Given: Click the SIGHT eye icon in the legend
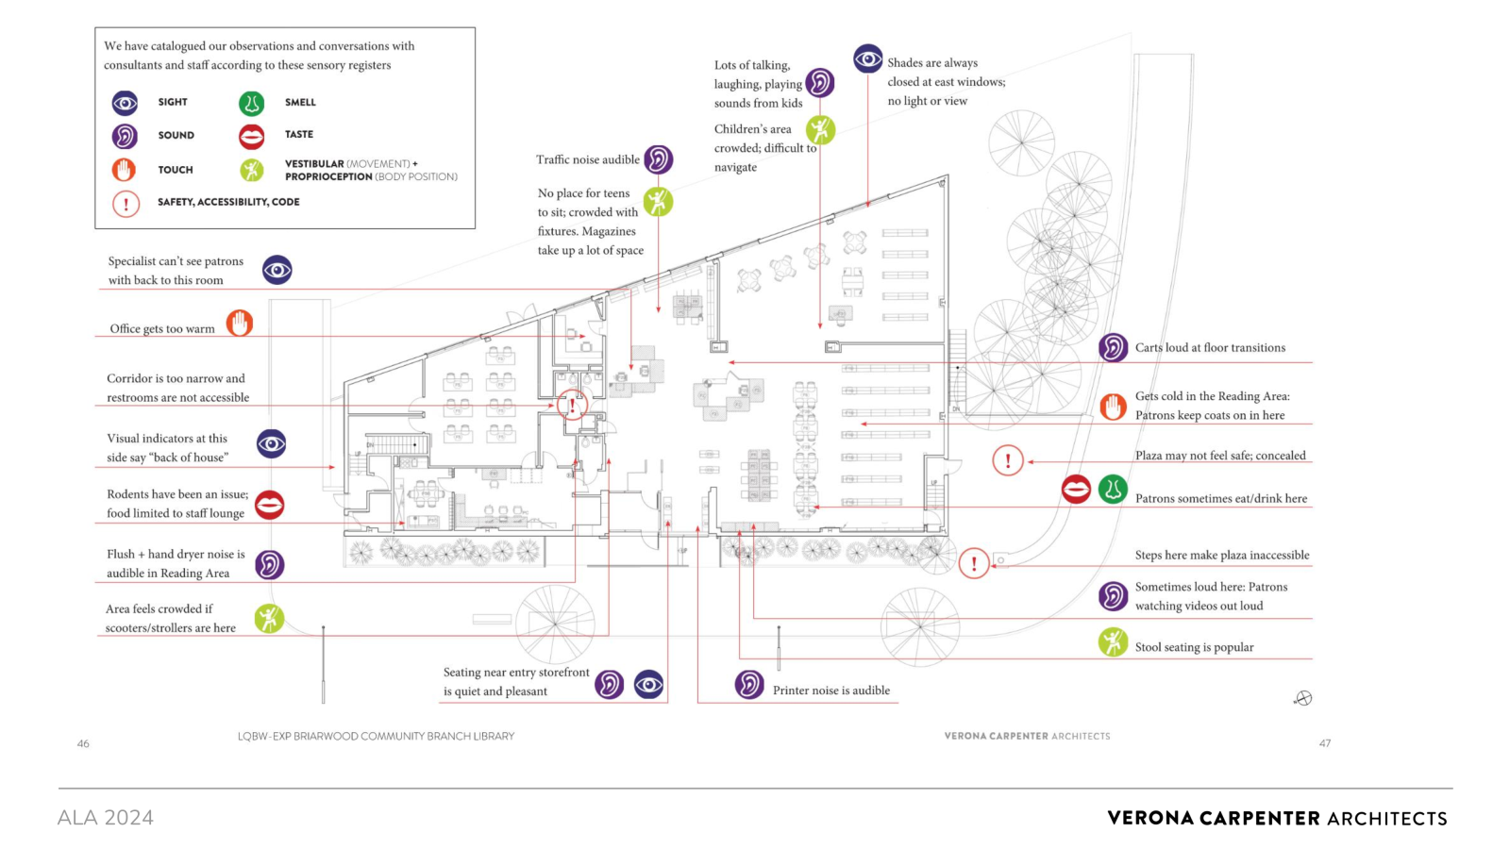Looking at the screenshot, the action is (x=125, y=103).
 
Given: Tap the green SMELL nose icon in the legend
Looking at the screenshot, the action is (x=251, y=103).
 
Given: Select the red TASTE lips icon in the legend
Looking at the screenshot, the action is (x=251, y=136).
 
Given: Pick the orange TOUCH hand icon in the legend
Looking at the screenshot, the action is (x=124, y=169).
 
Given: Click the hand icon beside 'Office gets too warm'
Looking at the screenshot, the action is (x=240, y=324).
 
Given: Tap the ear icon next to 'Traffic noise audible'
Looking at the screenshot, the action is (x=658, y=159).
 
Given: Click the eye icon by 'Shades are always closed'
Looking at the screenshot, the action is (x=867, y=59).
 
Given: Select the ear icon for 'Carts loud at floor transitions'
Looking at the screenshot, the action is (x=1113, y=348).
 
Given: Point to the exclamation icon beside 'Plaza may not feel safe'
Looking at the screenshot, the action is (x=1008, y=461).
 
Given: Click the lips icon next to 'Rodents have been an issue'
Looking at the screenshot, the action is (x=270, y=505).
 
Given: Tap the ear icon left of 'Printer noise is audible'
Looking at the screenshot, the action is (x=749, y=685).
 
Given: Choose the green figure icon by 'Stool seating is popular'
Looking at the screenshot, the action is (x=1113, y=642).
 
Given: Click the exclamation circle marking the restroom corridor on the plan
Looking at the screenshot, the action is (x=572, y=405).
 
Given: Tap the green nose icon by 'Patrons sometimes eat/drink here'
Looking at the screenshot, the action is (x=1113, y=490).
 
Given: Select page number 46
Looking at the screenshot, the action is (x=83, y=744).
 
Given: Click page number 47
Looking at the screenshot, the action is (x=1325, y=743).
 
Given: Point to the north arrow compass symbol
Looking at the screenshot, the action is (x=1303, y=698).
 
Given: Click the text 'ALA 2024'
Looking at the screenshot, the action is (x=105, y=818).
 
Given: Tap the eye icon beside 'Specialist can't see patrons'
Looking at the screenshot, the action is (x=277, y=270).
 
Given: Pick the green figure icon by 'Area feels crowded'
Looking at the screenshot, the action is (x=269, y=619).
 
